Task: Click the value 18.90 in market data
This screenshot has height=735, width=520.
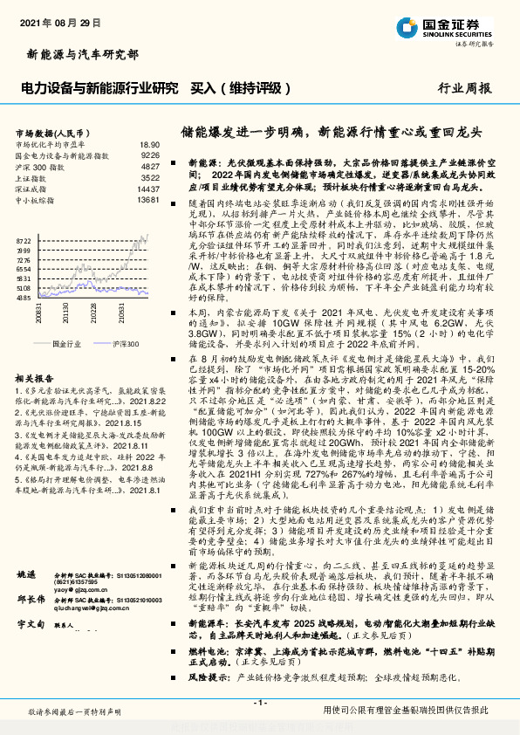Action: click(x=149, y=144)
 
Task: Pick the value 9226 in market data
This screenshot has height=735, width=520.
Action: click(x=150, y=155)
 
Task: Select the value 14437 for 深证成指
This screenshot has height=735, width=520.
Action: click(x=148, y=189)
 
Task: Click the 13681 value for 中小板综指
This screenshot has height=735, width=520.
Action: click(x=148, y=200)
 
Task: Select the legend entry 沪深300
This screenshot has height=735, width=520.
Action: click(x=126, y=345)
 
